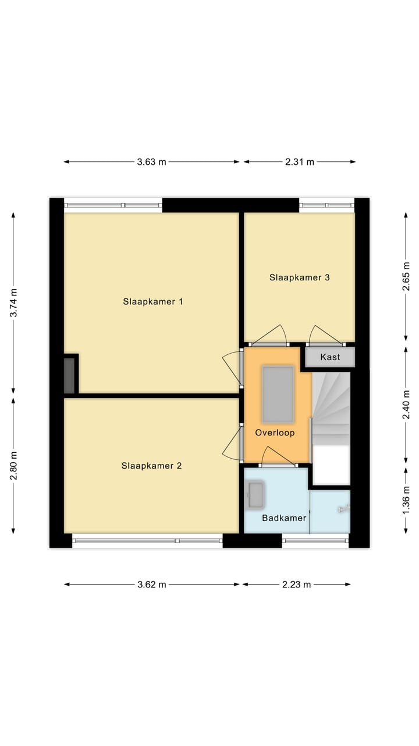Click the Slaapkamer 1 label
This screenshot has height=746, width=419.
tap(153, 301)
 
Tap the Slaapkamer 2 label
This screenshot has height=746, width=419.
tap(151, 466)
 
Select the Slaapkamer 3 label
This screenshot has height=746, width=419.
tap(299, 277)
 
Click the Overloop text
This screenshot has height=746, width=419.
tap(275, 432)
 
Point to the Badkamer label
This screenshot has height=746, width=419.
tap(283, 518)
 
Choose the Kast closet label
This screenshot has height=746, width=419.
tap(329, 357)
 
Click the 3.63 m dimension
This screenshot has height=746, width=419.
tap(151, 162)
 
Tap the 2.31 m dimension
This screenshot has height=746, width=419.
tap(299, 162)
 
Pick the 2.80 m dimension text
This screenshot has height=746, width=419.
tap(13, 466)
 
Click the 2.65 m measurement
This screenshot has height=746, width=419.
tap(406, 277)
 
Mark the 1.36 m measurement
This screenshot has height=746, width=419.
tap(406, 500)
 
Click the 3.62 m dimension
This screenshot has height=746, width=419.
tap(151, 585)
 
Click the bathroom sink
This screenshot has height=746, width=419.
tap(255, 495)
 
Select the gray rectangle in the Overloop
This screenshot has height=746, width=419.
tap(278, 394)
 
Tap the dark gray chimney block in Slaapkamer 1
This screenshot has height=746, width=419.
tap(69, 374)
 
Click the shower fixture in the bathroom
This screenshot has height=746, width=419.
tap(343, 509)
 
